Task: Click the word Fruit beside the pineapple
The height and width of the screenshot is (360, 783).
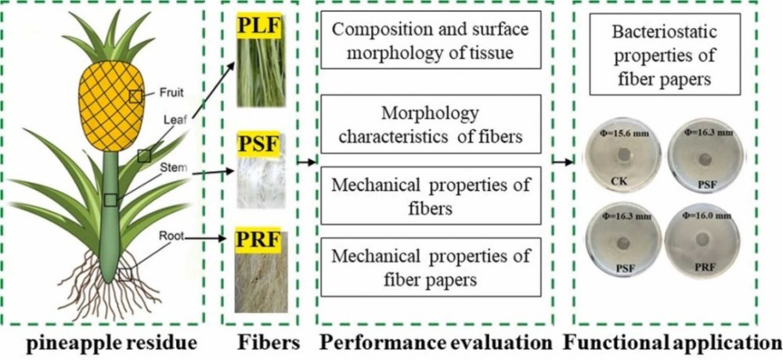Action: click(x=171, y=92)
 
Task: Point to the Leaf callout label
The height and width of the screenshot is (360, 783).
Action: click(x=175, y=119)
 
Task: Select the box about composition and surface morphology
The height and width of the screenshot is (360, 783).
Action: click(x=431, y=40)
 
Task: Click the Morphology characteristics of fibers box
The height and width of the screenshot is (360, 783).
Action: click(x=431, y=124)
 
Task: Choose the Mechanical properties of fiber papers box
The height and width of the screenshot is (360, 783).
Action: click(x=431, y=267)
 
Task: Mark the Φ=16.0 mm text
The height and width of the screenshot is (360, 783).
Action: click(x=707, y=215)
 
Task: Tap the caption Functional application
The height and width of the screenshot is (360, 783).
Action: click(x=673, y=344)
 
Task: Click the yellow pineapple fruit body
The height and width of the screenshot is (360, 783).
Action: click(x=111, y=106)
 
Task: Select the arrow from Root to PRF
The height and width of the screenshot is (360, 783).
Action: click(x=204, y=239)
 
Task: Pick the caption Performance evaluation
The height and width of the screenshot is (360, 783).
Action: click(x=436, y=344)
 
